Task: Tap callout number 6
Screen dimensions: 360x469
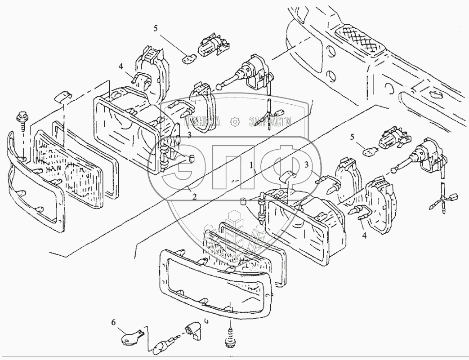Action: tap(113, 322)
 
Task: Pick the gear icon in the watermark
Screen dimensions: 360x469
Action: tap(234, 121)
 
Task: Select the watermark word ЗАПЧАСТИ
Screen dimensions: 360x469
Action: tap(268, 121)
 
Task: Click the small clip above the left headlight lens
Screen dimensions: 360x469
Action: tap(61, 97)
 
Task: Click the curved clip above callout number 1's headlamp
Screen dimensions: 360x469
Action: tap(290, 176)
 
